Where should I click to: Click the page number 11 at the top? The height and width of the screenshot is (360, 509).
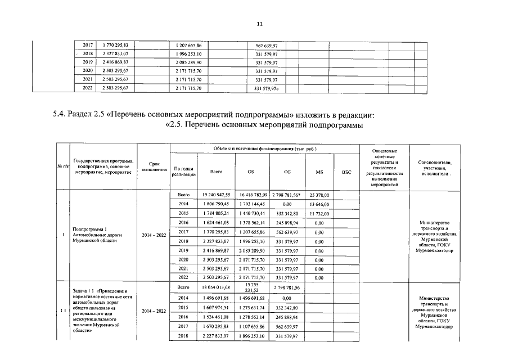(259, 24)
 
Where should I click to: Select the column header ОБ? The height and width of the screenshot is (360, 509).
(250, 172)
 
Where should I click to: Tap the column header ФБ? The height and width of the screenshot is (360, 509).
(286, 172)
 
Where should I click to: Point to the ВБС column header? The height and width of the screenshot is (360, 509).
(346, 172)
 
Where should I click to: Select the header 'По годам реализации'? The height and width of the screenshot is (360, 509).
(184, 172)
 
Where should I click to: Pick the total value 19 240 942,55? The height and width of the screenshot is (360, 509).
(216, 195)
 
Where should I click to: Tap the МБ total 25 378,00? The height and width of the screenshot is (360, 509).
(319, 195)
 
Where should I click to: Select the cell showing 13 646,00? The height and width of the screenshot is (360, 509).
(319, 204)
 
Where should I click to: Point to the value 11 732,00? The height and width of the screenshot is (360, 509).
(319, 213)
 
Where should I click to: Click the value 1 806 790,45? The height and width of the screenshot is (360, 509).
(216, 204)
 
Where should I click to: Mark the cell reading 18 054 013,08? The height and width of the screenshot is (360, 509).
(216, 287)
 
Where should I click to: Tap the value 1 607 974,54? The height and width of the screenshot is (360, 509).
(216, 308)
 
